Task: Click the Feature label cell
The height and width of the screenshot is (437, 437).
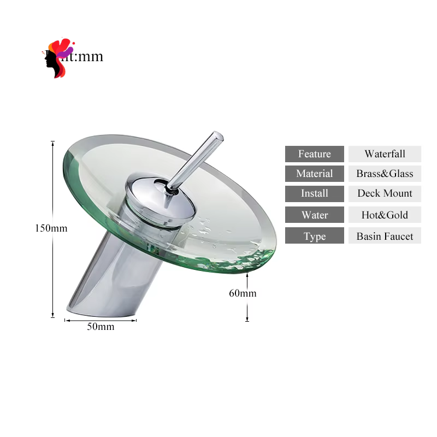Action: [315, 154]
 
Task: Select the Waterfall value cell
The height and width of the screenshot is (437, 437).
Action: [385, 154]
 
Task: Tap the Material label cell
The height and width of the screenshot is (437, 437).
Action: [315, 174]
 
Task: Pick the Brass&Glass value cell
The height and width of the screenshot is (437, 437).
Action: [385, 174]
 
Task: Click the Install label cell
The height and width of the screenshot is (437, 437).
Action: [315, 193]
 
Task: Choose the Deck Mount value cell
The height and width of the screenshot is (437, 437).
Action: [385, 193]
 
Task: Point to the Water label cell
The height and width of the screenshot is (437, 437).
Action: [315, 215]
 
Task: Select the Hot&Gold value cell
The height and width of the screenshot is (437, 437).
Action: [385, 215]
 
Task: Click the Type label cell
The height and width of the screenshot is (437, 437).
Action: [315, 236]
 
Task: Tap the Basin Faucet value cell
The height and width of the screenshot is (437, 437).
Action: [385, 236]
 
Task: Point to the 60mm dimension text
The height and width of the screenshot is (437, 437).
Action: [243, 293]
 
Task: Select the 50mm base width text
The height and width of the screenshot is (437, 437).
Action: [101, 327]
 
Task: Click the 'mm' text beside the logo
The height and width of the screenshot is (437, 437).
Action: [90, 56]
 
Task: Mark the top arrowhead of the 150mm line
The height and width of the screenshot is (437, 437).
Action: [53, 143]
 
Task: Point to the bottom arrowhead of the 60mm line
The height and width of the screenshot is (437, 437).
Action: [247, 319]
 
